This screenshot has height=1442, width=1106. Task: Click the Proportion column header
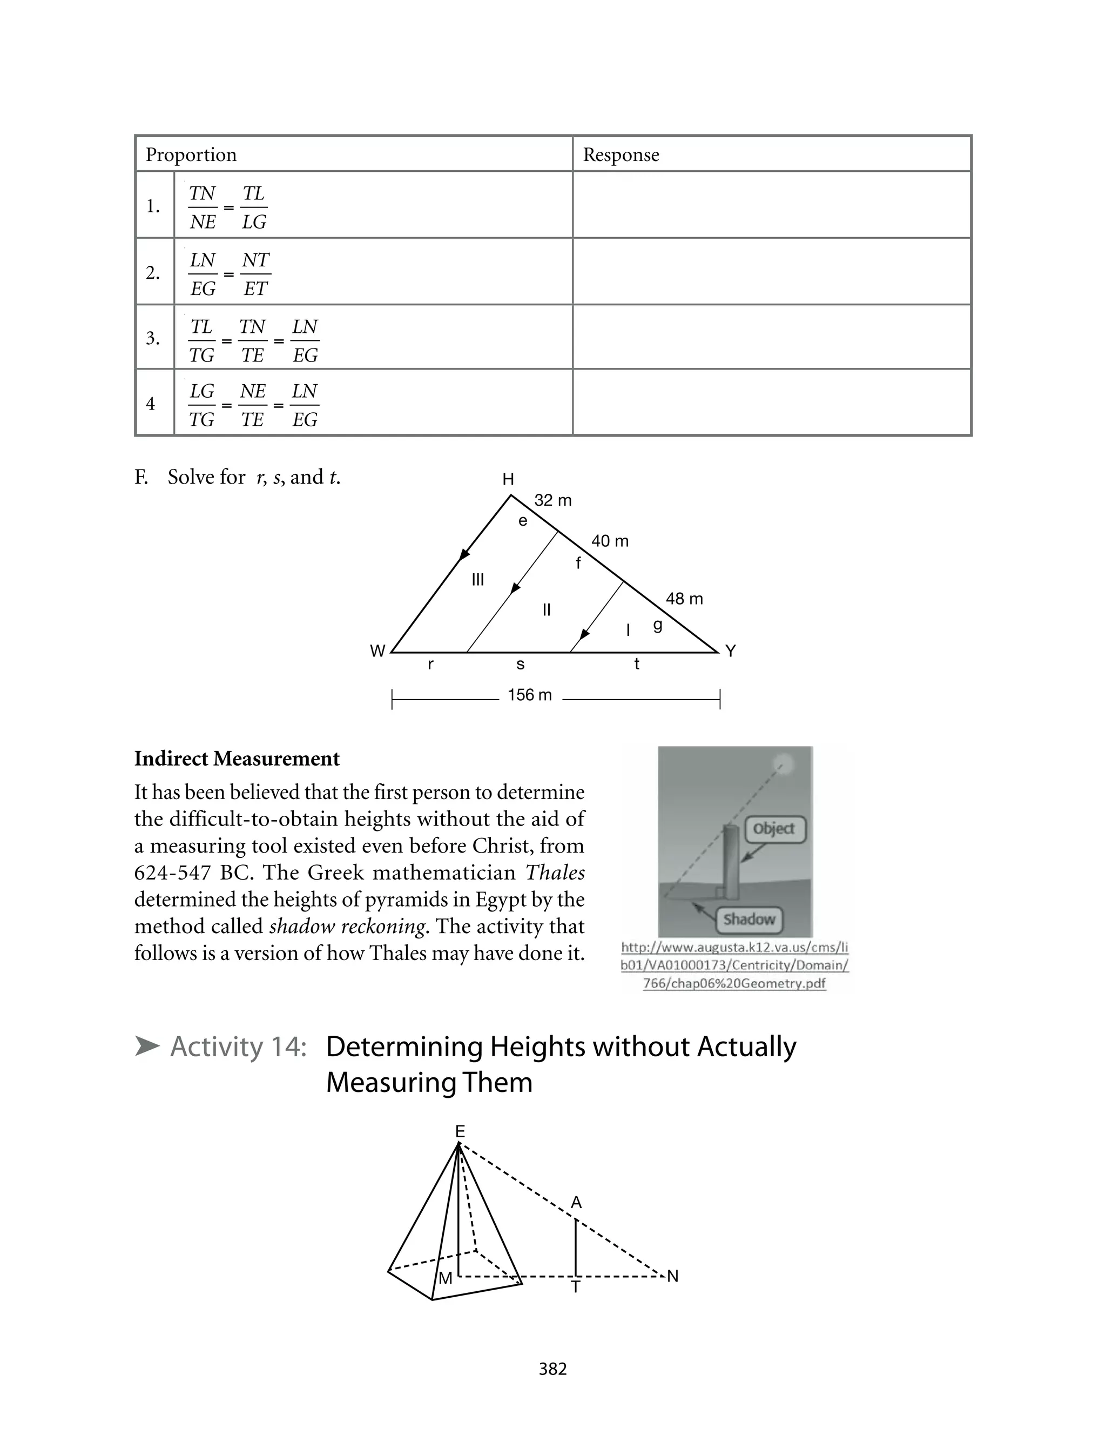pyautogui.click(x=191, y=155)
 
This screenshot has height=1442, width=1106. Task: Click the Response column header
pyautogui.click(x=621, y=155)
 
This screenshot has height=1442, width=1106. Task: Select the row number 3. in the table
pyautogui.click(x=153, y=338)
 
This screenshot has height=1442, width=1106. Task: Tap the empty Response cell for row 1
pyautogui.click(x=772, y=205)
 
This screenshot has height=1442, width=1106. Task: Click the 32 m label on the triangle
pyautogui.click(x=553, y=500)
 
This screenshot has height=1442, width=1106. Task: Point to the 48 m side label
pyautogui.click(x=685, y=599)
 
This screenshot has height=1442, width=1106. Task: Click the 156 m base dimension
pyautogui.click(x=530, y=695)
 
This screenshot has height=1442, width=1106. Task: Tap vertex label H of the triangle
pyautogui.click(x=508, y=479)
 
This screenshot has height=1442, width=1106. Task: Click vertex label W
pyautogui.click(x=377, y=651)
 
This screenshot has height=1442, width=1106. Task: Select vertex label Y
pyautogui.click(x=731, y=651)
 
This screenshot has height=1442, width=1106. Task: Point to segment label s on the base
pyautogui.click(x=520, y=665)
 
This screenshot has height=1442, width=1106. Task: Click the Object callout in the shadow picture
pyautogui.click(x=774, y=829)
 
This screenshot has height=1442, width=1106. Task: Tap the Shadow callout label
pyautogui.click(x=749, y=919)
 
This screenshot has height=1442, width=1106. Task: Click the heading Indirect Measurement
pyautogui.click(x=237, y=759)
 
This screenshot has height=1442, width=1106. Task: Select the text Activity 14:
pyautogui.click(x=238, y=1047)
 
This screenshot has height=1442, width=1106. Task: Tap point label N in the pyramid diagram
pyautogui.click(x=673, y=1277)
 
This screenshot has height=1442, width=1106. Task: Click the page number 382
pyautogui.click(x=552, y=1369)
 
